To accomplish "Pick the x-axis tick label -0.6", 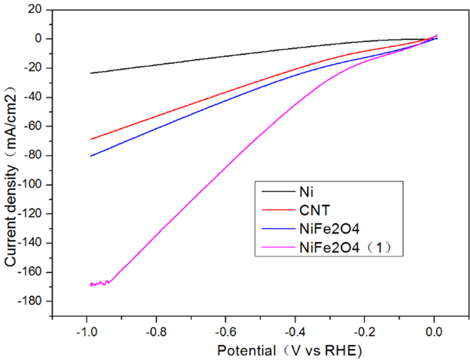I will click(226, 330).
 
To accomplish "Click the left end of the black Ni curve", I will click(91, 73).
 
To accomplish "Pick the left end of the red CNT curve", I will click(91, 139).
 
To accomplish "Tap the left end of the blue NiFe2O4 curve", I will click(91, 156).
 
